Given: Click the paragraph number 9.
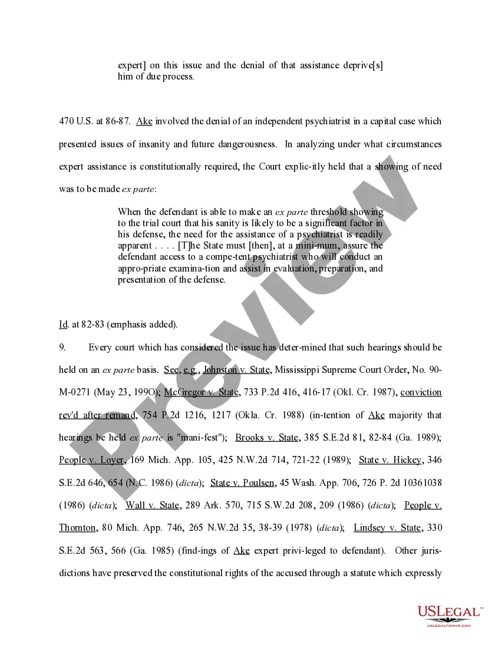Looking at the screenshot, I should [x=62, y=347].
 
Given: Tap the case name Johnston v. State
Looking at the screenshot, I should [x=236, y=369].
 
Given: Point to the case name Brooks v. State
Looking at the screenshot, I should [x=268, y=437].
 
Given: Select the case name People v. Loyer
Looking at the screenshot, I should [x=91, y=459].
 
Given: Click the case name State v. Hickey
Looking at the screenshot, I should [x=390, y=459].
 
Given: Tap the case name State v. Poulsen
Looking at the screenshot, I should [x=243, y=482].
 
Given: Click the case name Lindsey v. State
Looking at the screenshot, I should [x=387, y=527].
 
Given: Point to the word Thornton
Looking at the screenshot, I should [x=77, y=527].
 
